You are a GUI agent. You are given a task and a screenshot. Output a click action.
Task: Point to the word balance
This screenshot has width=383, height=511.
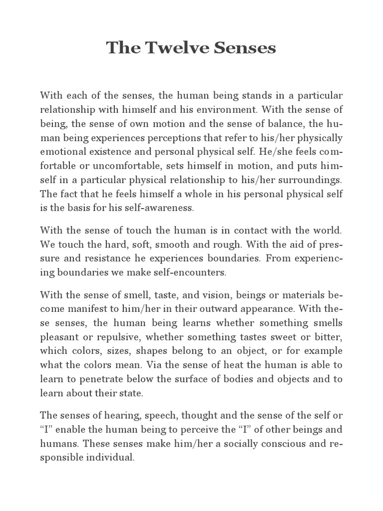click(283, 123)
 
